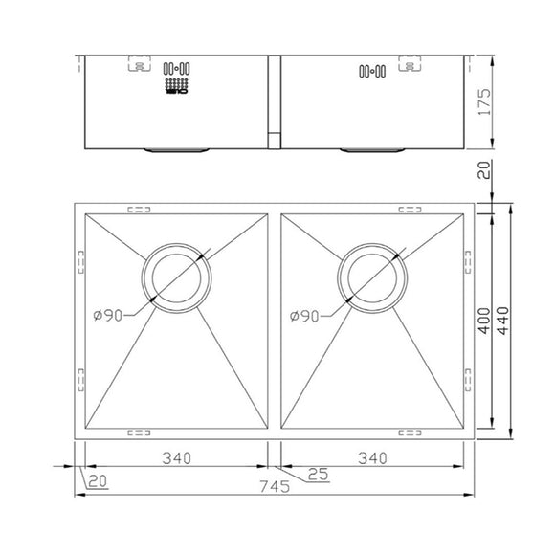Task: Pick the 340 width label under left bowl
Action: [x=177, y=458]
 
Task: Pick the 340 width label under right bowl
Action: [x=371, y=458]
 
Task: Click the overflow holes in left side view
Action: [x=178, y=70]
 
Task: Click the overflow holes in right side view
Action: [x=372, y=70]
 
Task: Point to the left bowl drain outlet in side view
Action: [x=177, y=150]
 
